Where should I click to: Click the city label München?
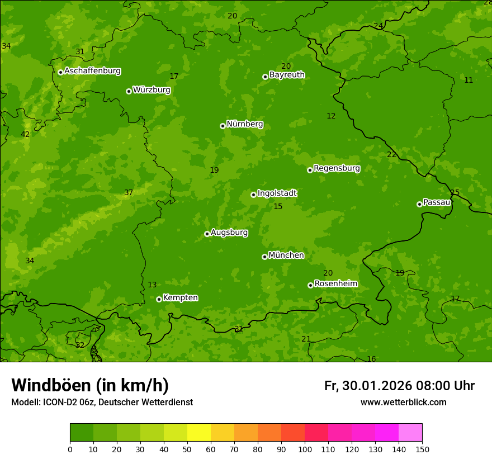coord(286,255)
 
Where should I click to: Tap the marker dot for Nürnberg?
coord(223,126)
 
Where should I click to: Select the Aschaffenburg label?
coord(92,71)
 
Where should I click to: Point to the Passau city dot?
coord(419,204)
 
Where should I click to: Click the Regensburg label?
coord(337,168)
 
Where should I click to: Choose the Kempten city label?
coord(180,298)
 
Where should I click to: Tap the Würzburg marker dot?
coord(129,91)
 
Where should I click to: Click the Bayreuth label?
coord(287,75)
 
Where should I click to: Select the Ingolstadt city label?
coord(277,193)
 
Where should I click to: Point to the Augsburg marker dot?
coord(207,234)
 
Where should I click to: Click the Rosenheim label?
coord(335,284)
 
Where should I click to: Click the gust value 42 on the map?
coord(25,134)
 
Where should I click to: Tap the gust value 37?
coord(129,193)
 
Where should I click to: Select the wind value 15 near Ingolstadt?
coord(278,207)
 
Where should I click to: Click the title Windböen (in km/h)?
coord(90,385)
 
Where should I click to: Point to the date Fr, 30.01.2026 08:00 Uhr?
coord(399,386)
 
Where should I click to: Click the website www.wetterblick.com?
coord(403,403)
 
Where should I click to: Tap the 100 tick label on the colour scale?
coord(305,449)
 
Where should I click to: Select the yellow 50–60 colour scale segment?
coord(199,433)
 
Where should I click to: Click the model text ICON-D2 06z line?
coord(102,403)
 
